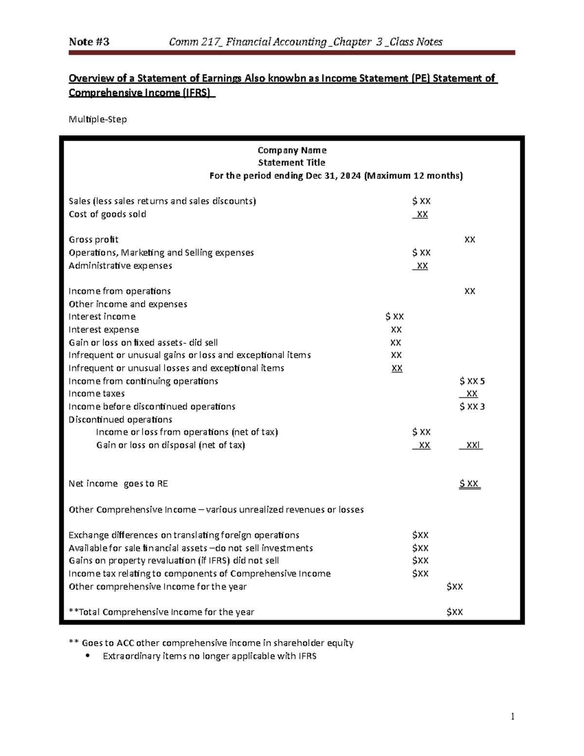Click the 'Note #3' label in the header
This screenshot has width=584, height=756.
89,42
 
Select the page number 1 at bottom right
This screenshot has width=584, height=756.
512,716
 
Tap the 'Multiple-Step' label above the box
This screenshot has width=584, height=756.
98,119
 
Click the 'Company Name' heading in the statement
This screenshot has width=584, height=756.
292,150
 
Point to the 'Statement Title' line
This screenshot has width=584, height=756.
292,163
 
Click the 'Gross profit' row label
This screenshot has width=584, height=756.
93,240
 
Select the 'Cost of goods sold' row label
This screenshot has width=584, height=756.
107,214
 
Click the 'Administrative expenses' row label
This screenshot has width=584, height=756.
120,266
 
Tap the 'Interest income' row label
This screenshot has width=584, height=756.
102,316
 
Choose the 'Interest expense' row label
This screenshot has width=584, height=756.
104,330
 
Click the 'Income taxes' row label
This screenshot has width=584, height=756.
96,393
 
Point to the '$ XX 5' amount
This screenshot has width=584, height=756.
472,381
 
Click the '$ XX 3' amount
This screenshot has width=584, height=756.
472,406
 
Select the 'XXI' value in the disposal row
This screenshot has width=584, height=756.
471,445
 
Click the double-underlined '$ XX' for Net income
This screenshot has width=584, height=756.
470,483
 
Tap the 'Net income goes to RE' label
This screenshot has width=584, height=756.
118,483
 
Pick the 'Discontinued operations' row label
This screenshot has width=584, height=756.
120,420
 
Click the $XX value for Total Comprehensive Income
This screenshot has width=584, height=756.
455,612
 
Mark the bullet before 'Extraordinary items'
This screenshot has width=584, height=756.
88,656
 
